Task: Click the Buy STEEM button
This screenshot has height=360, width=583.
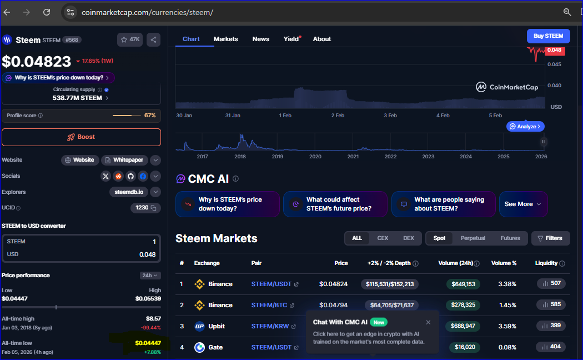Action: click(548, 36)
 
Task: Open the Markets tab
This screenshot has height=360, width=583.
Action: click(225, 39)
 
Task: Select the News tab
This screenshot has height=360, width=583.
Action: click(260, 39)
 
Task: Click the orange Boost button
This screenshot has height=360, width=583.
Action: click(81, 137)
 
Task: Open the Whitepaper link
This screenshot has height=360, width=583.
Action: click(124, 160)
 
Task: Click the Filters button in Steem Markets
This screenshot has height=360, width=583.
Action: click(550, 238)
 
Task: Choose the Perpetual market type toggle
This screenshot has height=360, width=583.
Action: click(473, 238)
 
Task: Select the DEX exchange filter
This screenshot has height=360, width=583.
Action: click(408, 238)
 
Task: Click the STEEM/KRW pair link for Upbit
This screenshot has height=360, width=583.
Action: click(270, 326)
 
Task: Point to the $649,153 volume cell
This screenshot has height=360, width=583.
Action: click(463, 284)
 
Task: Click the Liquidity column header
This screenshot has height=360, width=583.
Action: click(546, 263)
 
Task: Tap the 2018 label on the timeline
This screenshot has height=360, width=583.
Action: click(240, 157)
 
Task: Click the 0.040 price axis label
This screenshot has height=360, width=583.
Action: click(554, 86)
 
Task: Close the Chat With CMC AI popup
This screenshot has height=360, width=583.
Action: click(428, 322)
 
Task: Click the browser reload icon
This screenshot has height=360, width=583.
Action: click(47, 12)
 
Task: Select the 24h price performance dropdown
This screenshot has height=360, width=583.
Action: click(150, 275)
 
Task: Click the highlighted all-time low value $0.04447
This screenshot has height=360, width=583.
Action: click(148, 343)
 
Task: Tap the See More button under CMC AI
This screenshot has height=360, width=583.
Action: click(523, 204)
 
